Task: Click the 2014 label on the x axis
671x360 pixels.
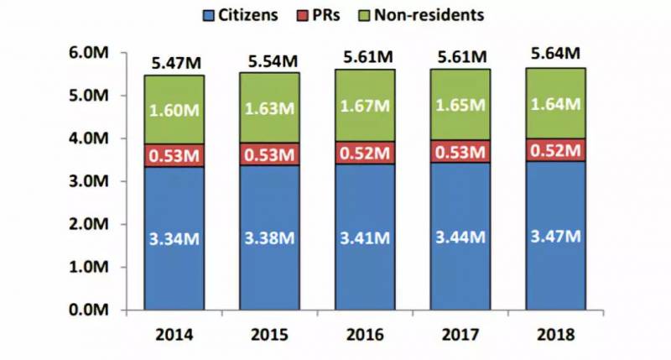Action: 174,334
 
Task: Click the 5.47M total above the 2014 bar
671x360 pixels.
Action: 174,62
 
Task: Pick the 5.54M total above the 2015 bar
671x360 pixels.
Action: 269,60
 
